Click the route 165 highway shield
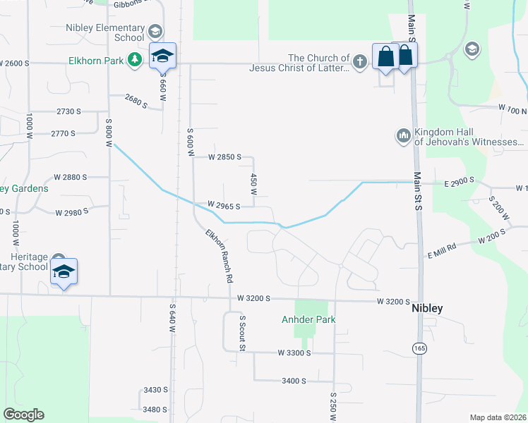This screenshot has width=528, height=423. coord(419,348)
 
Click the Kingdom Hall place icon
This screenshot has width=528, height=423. coord(404,134)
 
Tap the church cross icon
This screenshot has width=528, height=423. coord(359,62)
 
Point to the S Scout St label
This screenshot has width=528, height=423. coord(241,333)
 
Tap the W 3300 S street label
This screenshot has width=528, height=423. coord(294,352)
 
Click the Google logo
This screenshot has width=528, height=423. coord(23,415)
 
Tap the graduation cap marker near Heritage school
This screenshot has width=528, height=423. coord(64,272)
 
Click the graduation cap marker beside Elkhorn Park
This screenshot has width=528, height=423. coord(162,57)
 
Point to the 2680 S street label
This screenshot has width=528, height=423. coord(136,102)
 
